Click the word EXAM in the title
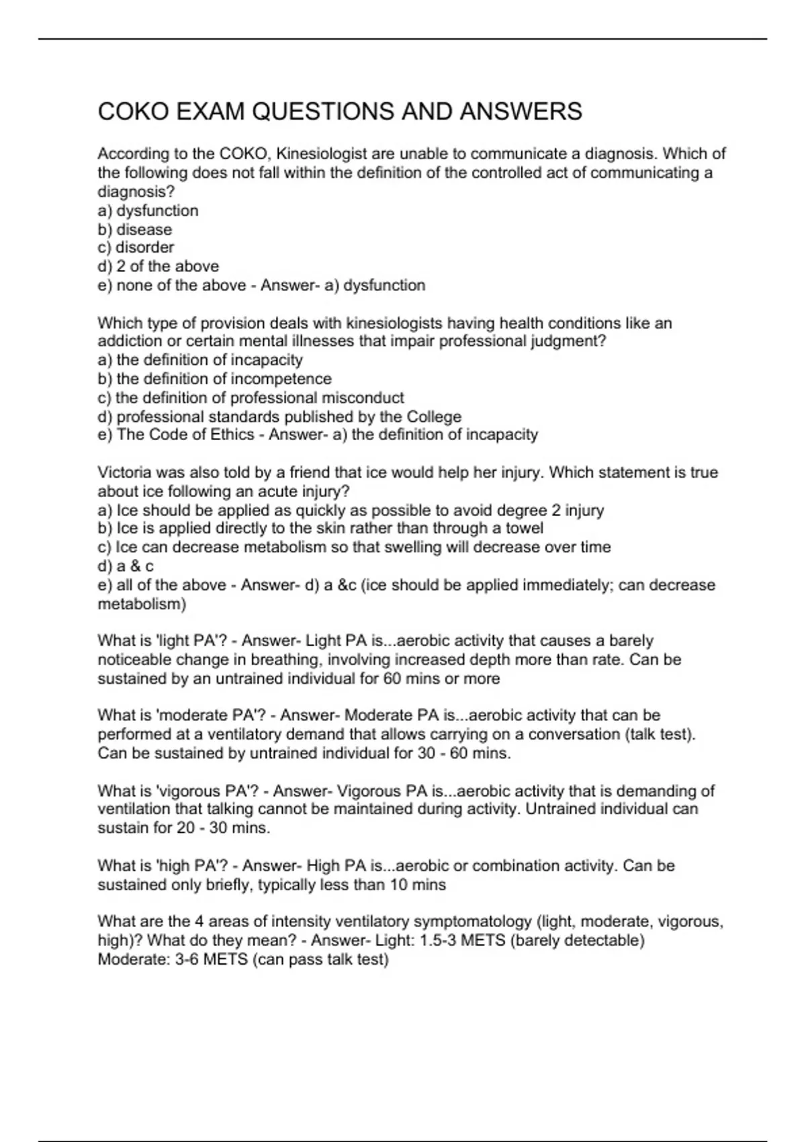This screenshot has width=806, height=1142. pos(210,112)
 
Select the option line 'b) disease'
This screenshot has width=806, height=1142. pos(134,229)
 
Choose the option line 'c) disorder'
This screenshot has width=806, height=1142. pos(136,247)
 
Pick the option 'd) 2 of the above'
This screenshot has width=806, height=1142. pos(158,266)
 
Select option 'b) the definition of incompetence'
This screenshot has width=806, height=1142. pos(214,379)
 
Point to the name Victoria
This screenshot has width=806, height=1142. pos(125,472)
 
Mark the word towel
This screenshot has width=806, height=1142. pos(524,528)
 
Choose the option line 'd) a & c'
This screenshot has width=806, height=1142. pos(126,566)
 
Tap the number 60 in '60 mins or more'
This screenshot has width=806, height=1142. pos(392,678)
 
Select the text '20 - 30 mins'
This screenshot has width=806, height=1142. pos(223,828)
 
